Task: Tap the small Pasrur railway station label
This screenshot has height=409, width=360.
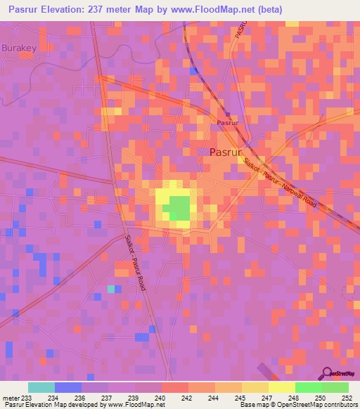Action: click(x=226, y=122)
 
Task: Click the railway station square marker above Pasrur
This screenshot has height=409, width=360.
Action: click(x=227, y=114)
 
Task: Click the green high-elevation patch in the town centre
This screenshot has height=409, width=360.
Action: click(x=179, y=207)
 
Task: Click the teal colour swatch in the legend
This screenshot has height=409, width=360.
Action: click(x=41, y=387)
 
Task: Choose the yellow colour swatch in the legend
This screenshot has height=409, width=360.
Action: click(x=282, y=387)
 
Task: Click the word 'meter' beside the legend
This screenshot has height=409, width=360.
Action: click(x=11, y=398)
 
